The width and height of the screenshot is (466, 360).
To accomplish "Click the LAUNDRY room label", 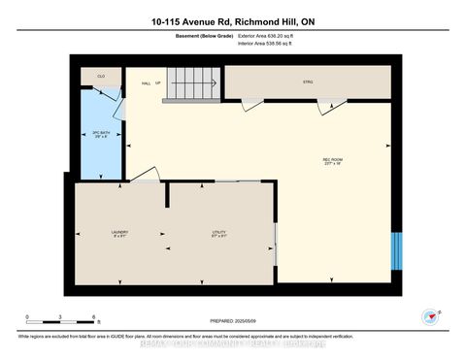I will [x=119, y=232].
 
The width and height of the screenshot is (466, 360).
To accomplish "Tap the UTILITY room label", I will [x=220, y=232].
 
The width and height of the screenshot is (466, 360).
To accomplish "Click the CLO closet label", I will [x=99, y=76].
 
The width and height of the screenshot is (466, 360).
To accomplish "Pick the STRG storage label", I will [x=308, y=81].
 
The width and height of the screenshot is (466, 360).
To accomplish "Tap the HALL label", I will [x=146, y=82].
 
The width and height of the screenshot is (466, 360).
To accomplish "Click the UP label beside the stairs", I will [x=159, y=82].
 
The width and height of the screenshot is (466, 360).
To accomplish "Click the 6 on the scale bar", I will [x=93, y=317].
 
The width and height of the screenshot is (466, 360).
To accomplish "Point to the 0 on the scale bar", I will [x=28, y=317].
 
